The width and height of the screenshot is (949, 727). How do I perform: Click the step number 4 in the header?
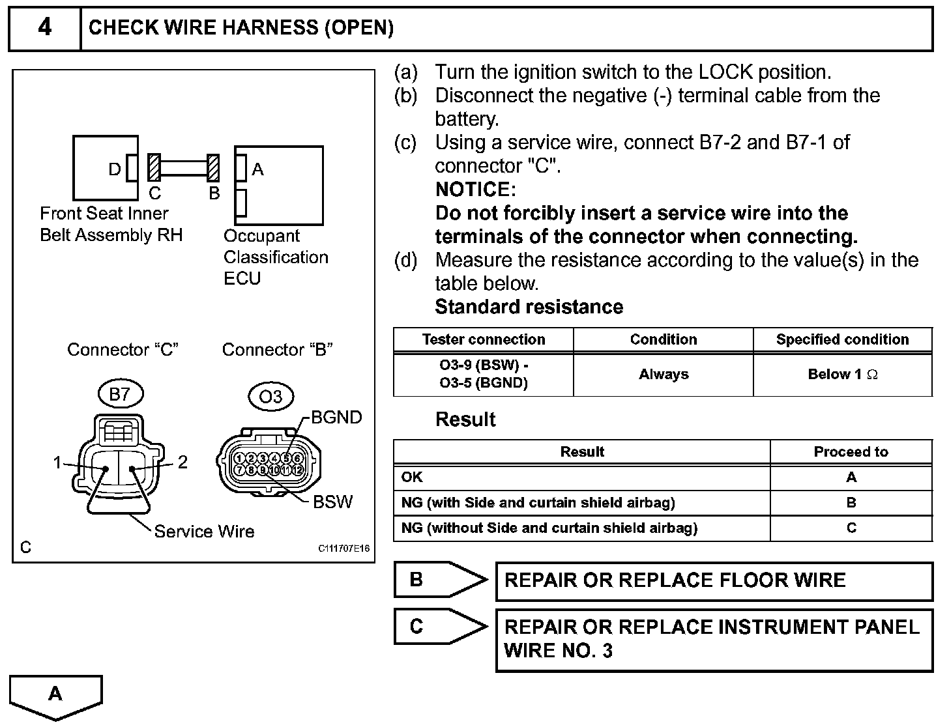click(44, 27)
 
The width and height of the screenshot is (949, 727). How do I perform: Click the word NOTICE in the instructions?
click(475, 190)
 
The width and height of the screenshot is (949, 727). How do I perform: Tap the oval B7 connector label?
click(120, 394)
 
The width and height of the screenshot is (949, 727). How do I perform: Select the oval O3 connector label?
click(270, 397)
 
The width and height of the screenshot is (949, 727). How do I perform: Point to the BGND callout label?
click(336, 418)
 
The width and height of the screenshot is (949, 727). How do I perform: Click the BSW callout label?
click(332, 502)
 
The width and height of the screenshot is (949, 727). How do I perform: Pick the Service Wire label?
click(204, 532)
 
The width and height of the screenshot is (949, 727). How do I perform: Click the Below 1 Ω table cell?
click(842, 375)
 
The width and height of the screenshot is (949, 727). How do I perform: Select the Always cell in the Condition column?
click(663, 375)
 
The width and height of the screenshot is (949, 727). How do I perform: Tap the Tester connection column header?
click(483, 339)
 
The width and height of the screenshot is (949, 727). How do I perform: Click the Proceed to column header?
click(851, 452)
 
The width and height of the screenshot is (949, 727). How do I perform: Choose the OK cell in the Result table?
click(412, 478)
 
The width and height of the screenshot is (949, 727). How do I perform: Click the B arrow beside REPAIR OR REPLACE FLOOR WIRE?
click(440, 580)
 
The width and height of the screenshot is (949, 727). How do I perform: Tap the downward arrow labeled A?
click(56, 695)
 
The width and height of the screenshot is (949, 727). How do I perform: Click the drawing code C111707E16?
click(343, 549)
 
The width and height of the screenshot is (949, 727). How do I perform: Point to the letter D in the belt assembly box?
click(115, 169)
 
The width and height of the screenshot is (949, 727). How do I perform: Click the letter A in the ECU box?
click(257, 169)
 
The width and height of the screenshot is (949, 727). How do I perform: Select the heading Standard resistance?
click(529, 307)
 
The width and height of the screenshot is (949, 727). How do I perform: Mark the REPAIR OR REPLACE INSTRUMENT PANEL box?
click(714, 639)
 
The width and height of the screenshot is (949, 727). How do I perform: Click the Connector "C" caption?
click(123, 350)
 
